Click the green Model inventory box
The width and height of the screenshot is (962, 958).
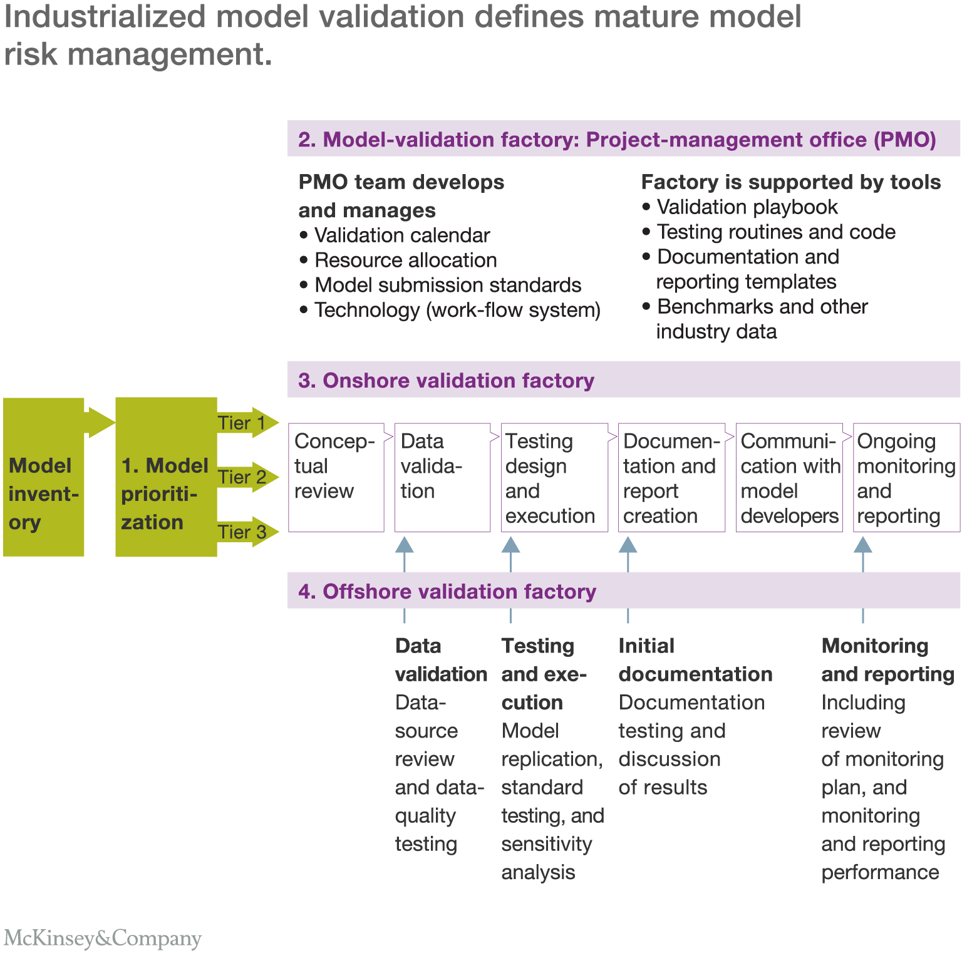(43, 478)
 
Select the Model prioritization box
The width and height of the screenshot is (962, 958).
(166, 478)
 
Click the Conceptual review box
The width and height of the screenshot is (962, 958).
(336, 478)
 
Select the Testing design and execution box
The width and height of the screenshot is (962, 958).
(554, 478)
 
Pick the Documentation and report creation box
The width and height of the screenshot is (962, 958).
(671, 478)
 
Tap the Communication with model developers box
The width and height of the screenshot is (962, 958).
(789, 478)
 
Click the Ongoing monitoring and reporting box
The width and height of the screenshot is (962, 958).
(906, 478)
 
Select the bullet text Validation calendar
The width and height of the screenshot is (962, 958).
(401, 235)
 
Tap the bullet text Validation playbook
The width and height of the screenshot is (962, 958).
(747, 207)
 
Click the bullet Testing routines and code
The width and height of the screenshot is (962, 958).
(776, 232)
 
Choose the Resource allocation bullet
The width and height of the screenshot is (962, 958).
(405, 260)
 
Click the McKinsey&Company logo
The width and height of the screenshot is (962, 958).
(103, 938)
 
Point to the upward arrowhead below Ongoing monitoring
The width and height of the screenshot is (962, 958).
(863, 545)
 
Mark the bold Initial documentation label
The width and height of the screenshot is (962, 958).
(695, 660)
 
